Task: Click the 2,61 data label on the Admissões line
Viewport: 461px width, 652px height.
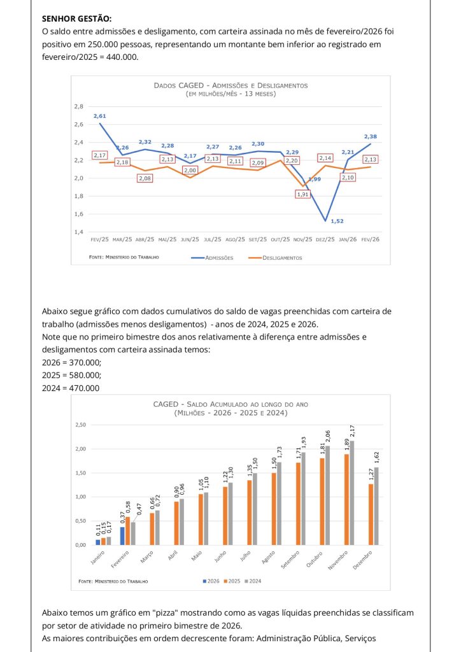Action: [x=99, y=116]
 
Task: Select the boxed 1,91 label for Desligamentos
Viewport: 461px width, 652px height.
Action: [x=302, y=194]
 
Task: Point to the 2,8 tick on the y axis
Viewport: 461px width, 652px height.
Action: [x=79, y=106]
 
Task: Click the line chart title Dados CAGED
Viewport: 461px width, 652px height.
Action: [x=230, y=85]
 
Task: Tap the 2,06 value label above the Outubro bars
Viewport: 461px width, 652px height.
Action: [x=329, y=436]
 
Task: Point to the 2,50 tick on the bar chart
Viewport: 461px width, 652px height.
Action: [x=81, y=425]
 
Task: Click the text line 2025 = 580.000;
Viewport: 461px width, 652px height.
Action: [x=71, y=375]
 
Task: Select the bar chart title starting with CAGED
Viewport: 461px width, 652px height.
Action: [x=230, y=408]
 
